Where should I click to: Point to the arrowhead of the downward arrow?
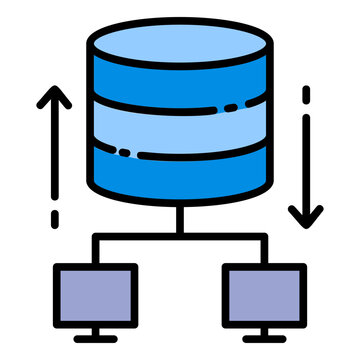(x=305, y=214)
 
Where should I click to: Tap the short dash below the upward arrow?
(x=55, y=218)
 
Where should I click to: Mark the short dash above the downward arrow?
(x=305, y=98)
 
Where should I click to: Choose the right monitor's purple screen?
(x=262, y=299)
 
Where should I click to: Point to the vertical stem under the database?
(x=180, y=218)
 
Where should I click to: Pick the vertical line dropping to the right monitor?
(x=263, y=250)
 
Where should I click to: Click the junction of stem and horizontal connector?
(x=180, y=237)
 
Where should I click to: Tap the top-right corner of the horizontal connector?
(x=262, y=238)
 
